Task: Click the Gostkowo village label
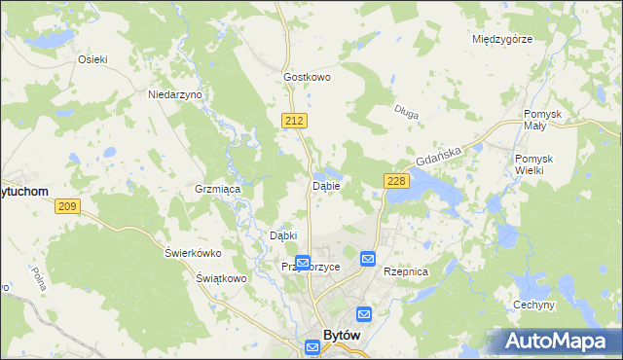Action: pos(308,76)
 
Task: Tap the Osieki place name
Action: pos(92,58)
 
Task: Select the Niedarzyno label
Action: pos(174,94)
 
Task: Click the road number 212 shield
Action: pos(297,120)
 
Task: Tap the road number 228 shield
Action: pos(395,181)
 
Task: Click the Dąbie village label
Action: pos(325,185)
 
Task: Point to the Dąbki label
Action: pos(282,234)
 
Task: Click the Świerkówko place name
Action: pos(193,253)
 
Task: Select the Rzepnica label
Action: pos(406,272)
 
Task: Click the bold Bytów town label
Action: pos(342,334)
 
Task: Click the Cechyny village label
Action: pos(533,305)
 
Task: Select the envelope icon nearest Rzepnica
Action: pos(368,259)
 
